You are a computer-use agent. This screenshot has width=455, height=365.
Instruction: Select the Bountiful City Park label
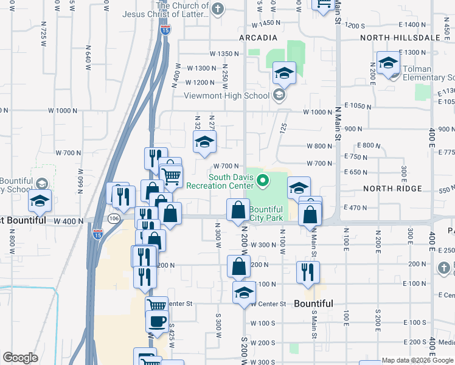click(266, 214)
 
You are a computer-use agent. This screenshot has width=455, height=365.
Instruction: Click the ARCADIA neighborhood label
click(254, 38)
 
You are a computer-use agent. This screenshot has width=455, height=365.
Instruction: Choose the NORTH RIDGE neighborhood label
click(392, 189)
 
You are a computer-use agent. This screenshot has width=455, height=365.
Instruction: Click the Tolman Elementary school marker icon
click(388, 63)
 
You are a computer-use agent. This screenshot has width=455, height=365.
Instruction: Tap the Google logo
click(20, 358)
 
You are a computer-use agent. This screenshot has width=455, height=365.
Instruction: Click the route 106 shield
click(113, 218)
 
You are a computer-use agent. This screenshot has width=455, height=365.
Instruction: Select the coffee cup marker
click(157, 321)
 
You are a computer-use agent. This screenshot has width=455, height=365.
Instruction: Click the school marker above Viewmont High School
click(284, 74)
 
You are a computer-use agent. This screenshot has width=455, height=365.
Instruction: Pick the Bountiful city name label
click(313, 304)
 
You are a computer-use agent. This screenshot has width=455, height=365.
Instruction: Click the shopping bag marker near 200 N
click(239, 266)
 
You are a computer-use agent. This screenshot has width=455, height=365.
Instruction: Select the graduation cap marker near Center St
click(244, 293)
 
